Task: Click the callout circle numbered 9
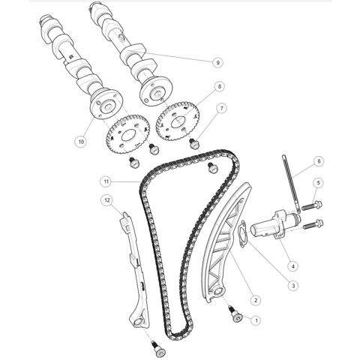coord(217,62)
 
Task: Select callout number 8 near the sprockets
coord(220,86)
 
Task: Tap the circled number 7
coord(221,109)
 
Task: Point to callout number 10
coord(81,142)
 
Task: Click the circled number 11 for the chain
coord(106,181)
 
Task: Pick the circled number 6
coord(319,161)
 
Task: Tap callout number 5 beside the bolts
coord(318,183)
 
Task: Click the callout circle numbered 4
coord(293,266)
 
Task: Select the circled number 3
coord(293,286)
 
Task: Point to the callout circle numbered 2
coord(256,300)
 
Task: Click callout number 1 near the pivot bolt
coord(256,320)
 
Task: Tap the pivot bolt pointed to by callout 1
coord(235,314)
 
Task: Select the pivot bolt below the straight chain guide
coord(158,350)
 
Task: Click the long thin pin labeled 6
coord(291,183)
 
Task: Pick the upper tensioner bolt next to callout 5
coord(312,205)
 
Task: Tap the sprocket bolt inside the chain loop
coord(212,168)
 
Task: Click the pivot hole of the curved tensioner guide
coord(218,292)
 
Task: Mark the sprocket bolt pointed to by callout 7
coord(194,144)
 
